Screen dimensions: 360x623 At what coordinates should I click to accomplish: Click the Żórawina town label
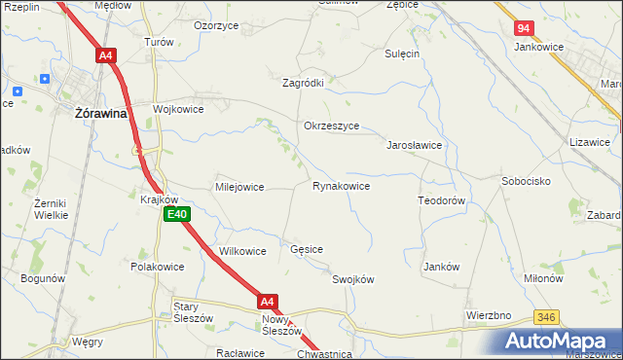[103, 113]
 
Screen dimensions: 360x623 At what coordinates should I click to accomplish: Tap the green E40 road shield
[176, 214]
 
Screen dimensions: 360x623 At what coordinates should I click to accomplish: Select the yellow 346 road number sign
[546, 318]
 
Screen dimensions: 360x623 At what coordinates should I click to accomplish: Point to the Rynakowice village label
[341, 185]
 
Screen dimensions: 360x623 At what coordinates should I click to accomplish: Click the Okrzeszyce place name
[332, 126]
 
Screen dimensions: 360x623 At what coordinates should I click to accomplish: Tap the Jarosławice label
[416, 144]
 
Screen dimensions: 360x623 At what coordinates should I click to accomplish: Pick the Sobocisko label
[527, 181]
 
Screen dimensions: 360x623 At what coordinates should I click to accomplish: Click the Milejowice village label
[239, 187]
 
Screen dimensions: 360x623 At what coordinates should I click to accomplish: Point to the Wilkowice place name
[243, 251]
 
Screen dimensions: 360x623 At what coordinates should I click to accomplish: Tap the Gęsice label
[307, 249]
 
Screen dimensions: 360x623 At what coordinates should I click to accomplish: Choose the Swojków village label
[353, 279]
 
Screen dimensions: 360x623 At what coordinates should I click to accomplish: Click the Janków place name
[441, 266]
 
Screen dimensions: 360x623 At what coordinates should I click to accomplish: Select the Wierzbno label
[489, 315]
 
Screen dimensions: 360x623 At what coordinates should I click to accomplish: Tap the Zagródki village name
[303, 83]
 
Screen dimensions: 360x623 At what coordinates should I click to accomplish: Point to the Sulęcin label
[402, 54]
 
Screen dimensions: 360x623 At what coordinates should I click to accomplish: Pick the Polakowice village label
[158, 266]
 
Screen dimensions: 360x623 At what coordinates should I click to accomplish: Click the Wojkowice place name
[178, 109]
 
